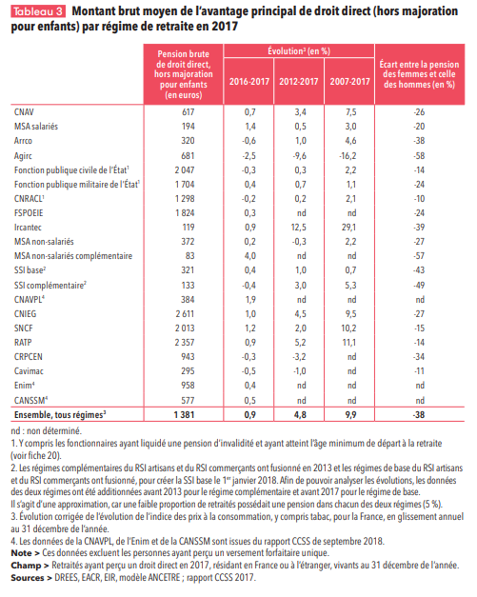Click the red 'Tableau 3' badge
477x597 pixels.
(38, 11)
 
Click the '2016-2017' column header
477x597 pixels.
(248, 81)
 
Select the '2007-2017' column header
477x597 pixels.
(349, 81)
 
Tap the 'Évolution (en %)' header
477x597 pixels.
(299, 51)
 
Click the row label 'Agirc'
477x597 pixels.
(23, 156)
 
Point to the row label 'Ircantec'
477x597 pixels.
(28, 228)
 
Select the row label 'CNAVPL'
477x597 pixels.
(30, 299)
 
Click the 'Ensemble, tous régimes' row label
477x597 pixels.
(60, 414)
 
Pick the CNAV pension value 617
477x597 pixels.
(189, 112)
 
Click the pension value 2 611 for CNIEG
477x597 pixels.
(185, 313)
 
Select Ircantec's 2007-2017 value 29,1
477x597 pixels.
(349, 228)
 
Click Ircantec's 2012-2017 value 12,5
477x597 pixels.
(298, 228)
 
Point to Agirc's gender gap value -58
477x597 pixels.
(419, 156)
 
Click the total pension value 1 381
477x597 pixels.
(185, 414)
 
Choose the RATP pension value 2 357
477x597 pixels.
(185, 342)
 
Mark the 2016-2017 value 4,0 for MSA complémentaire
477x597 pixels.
(250, 256)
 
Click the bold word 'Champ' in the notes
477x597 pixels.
(26, 566)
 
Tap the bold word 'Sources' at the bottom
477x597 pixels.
(28, 578)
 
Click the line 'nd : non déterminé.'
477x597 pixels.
(47, 431)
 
